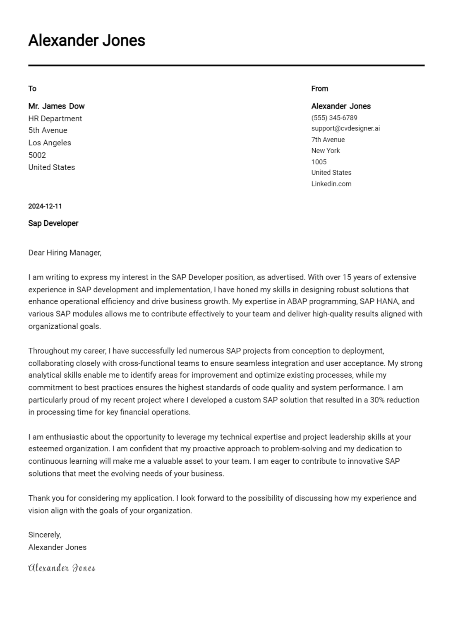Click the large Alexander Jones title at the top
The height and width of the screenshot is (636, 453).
[86, 41]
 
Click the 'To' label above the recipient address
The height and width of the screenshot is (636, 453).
[32, 89]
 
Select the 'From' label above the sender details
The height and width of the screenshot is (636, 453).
[319, 89]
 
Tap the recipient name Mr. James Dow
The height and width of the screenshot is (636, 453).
[56, 106]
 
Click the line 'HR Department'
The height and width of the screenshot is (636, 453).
[55, 118]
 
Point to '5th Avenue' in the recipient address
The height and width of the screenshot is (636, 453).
[48, 130]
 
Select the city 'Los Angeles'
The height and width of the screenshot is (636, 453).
[50, 143]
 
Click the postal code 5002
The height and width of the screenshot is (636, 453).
[37, 155]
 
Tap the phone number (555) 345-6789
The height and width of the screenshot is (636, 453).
[334, 118]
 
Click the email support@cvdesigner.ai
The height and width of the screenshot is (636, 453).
[345, 128]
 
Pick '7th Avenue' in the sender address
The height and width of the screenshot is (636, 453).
[328, 140]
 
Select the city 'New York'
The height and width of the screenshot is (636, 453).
[325, 151]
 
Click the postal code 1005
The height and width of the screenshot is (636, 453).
[319, 162]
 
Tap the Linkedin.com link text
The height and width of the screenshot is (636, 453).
[331, 184]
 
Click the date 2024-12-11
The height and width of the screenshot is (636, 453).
[45, 206]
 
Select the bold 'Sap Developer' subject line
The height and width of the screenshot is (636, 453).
[53, 223]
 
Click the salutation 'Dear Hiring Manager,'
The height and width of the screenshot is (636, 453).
[65, 253]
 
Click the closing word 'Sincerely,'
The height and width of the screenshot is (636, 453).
[44, 535]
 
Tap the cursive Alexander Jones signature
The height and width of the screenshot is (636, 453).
[61, 568]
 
